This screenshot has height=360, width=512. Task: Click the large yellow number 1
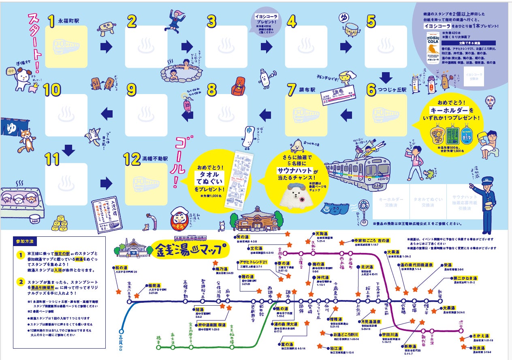coord(51,21)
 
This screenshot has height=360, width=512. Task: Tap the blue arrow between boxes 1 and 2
coord(106,47)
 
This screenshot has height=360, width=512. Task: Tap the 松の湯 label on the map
coord(120,268)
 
